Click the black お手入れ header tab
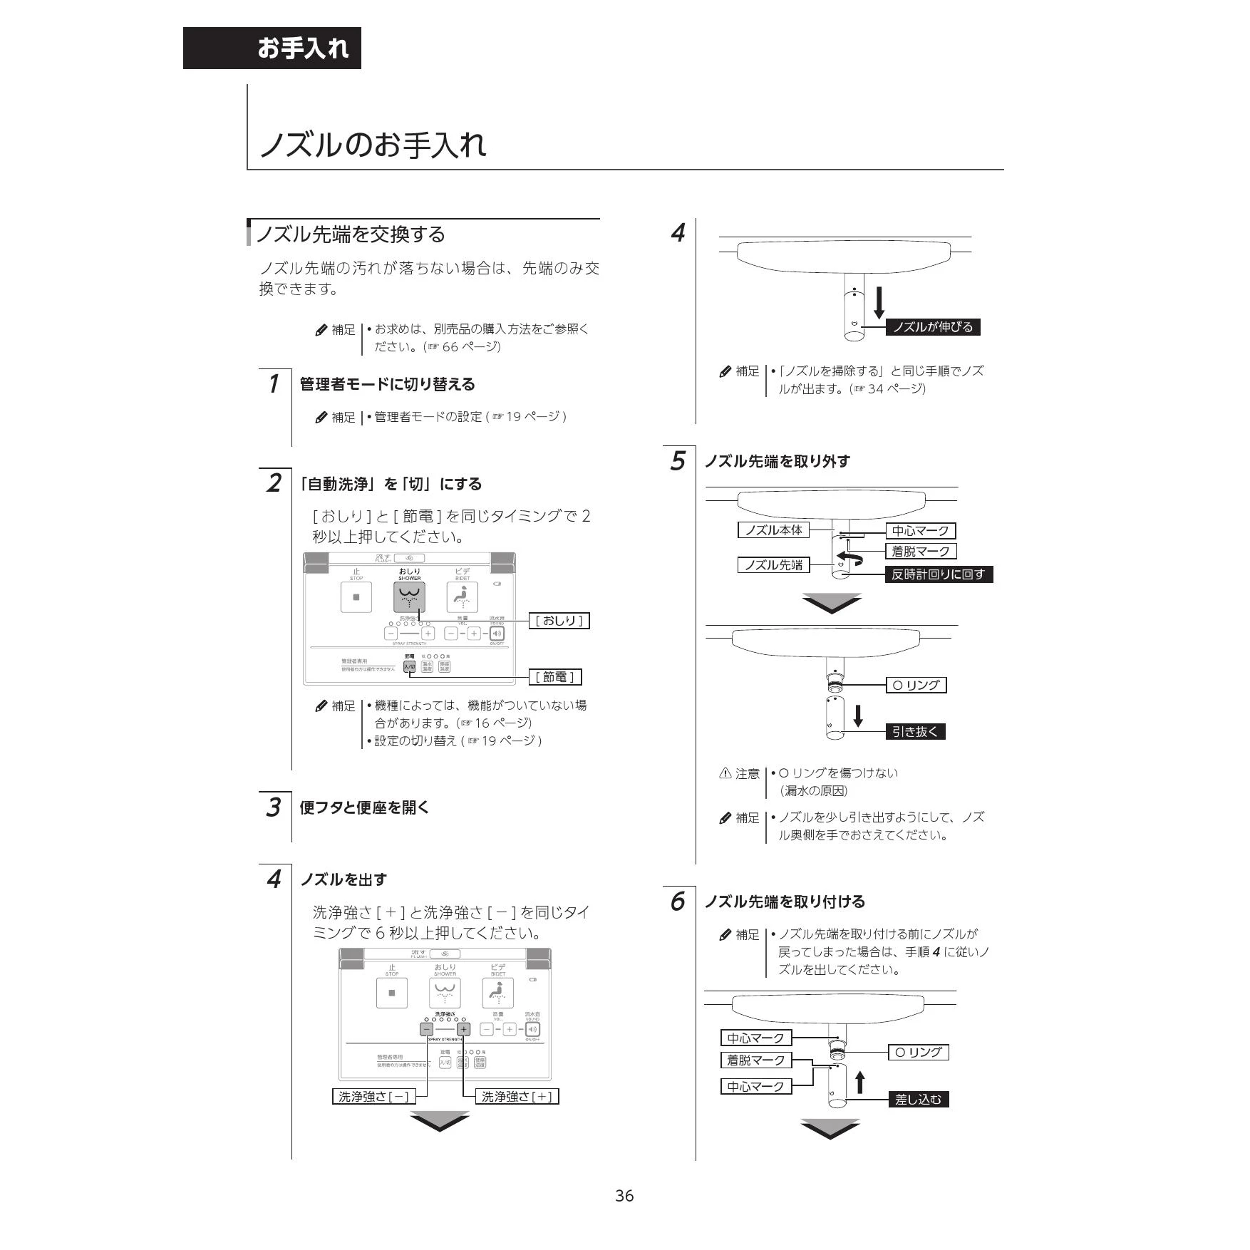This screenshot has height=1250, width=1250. pos(272,48)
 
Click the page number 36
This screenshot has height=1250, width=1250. pos(624,1196)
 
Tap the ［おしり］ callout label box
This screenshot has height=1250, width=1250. pos(559,621)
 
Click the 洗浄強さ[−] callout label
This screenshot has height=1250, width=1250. pos(374,1096)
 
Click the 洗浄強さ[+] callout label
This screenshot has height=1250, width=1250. pos(517,1096)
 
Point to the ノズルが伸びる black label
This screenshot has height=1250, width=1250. pos(933,327)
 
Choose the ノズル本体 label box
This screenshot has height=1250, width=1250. pos(773,530)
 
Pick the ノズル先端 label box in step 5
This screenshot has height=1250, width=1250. pos(773,565)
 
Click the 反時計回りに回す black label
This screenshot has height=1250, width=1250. pos(939,574)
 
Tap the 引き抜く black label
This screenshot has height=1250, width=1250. pos(915,731)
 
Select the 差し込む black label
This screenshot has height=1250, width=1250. pos(919,1100)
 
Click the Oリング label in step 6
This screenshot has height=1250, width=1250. pos(918,1052)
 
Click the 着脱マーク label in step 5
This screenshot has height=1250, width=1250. pos(920,551)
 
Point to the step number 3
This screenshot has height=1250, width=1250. pos(273,807)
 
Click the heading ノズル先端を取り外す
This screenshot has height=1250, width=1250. pos(778,461)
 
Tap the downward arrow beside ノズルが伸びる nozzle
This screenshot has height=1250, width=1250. pos(879,302)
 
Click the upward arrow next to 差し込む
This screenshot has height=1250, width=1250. pos(860,1082)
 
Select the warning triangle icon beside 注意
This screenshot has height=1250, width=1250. pos(725,773)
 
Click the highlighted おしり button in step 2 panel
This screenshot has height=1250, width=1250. pos(409,597)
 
